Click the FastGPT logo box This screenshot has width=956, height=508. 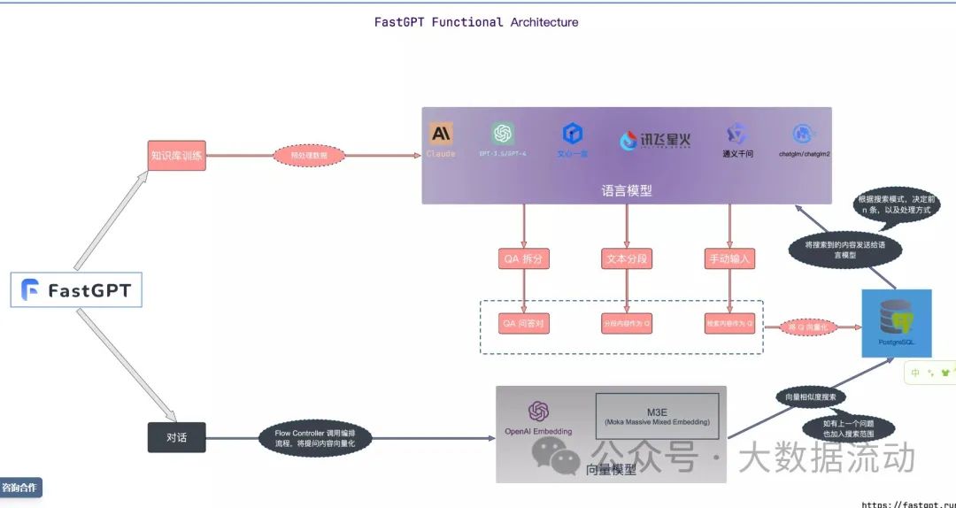[x=76, y=290]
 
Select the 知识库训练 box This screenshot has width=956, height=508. [x=176, y=156]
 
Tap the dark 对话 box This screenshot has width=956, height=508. [x=176, y=437]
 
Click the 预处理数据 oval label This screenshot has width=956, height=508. [x=308, y=156]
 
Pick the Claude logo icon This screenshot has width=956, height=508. [x=441, y=134]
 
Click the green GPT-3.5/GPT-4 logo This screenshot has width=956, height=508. [x=503, y=134]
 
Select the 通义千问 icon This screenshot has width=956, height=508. [x=737, y=134]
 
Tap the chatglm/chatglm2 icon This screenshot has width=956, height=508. [x=804, y=134]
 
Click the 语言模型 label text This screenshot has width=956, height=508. [x=627, y=190]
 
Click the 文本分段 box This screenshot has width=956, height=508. [x=627, y=259]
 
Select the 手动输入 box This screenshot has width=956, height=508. [x=729, y=259]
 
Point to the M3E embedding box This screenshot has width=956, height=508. [x=657, y=416]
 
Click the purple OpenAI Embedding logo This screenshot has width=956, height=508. [x=538, y=412]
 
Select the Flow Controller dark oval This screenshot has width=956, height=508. [x=315, y=437]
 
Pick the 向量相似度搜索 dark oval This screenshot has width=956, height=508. [x=810, y=396]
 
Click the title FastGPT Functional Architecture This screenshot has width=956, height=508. [x=476, y=22]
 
